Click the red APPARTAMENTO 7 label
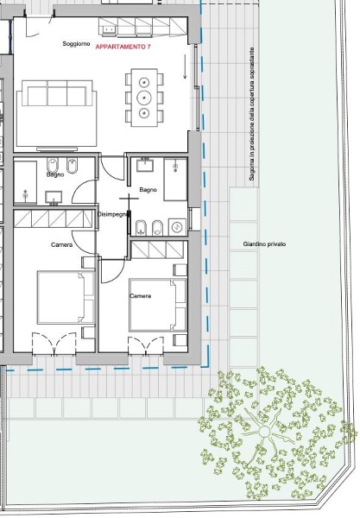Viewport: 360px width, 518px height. coord(123,47)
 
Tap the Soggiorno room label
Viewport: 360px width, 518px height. coord(76,44)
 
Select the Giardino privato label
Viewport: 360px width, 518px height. coord(264,244)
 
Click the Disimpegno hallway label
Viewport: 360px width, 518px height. coord(112,214)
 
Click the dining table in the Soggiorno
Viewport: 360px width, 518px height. coord(144,98)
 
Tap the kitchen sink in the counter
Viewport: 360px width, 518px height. coord(109,30)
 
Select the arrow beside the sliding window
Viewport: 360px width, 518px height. coord(185,67)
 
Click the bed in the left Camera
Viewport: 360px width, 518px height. coord(66,297)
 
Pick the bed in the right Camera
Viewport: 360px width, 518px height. coord(158,305)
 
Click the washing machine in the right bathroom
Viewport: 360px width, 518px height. coord(177,227)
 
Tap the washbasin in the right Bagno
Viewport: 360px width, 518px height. coord(145,165)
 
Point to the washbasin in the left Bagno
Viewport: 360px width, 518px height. coord(54,198)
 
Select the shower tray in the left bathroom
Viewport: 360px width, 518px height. coord(25,182)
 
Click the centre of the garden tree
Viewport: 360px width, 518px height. coord(264,432)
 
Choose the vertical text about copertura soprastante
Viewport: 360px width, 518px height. coord(252,114)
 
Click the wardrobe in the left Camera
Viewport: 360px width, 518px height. coord(54,218)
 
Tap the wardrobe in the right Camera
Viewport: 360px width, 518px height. coord(157,250)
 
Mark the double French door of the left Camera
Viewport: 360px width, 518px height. coord(54,344)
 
